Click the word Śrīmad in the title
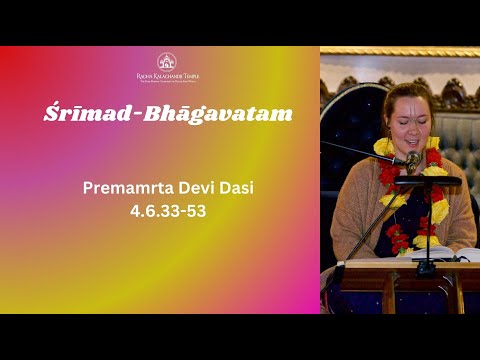click(75, 113)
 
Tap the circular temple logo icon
click(167, 61)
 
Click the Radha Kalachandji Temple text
click(167, 77)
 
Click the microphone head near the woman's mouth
click(413, 158)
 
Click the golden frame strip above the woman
click(400, 51)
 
